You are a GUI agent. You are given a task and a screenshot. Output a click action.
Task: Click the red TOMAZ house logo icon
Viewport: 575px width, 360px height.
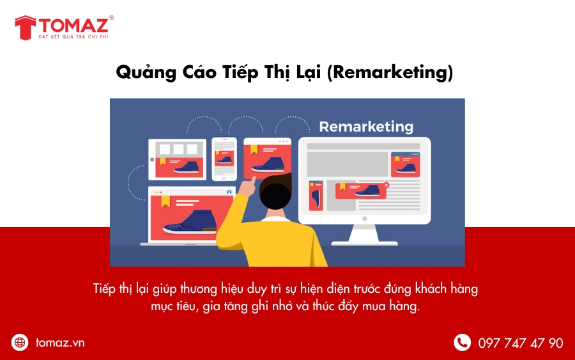26,28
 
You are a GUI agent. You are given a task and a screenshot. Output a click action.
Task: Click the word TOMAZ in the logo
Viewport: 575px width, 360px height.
73,25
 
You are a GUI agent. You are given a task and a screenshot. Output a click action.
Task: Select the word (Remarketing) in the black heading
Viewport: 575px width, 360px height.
390,72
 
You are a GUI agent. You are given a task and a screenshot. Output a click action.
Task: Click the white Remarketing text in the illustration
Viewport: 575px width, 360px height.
366,127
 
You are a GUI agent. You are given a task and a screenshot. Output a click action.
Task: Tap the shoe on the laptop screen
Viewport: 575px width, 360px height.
190,222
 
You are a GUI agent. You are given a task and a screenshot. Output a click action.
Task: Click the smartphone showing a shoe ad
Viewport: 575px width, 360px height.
224,159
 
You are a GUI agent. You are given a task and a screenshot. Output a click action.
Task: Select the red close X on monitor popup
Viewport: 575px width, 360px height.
386,185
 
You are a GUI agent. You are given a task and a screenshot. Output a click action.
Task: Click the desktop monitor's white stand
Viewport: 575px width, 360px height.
364,235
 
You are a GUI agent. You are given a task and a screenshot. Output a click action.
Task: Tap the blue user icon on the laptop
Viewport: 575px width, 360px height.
229,192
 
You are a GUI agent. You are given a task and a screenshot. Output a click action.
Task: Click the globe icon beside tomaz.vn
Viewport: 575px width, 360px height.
20,342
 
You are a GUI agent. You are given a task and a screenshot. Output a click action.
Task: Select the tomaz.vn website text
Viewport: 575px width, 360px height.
60,343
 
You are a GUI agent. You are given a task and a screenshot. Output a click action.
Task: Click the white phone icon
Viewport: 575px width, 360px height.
462,342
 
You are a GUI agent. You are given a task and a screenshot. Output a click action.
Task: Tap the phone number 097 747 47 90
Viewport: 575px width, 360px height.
520,343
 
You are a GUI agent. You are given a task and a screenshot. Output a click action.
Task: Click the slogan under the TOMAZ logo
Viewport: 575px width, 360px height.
73,36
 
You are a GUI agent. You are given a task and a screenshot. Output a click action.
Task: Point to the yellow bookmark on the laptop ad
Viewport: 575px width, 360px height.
166,201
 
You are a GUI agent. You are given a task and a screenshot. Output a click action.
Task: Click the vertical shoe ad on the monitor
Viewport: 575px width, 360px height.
316,196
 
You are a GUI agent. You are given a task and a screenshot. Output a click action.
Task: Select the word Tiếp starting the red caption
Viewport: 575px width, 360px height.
104,289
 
